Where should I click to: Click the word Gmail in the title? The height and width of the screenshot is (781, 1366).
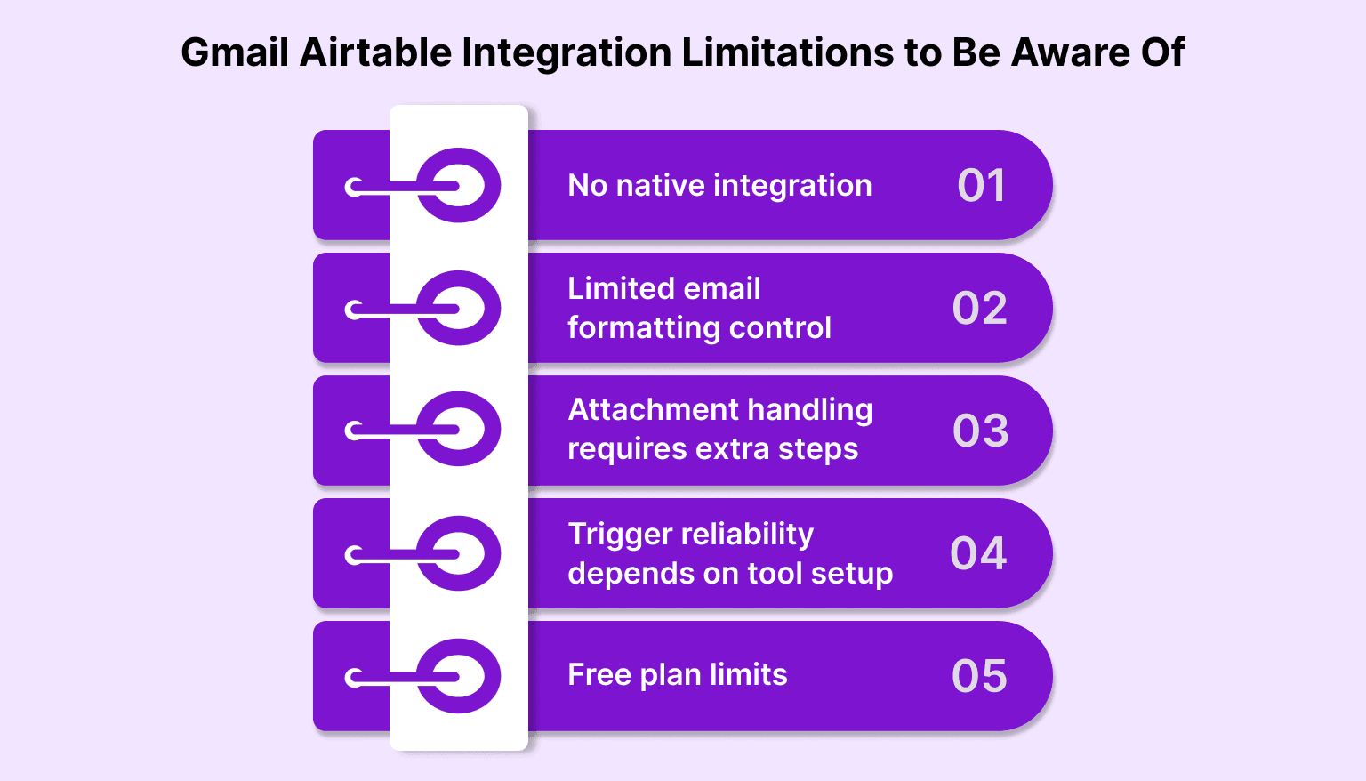235,52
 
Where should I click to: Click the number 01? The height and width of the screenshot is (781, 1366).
981,186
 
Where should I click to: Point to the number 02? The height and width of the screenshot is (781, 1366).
979,309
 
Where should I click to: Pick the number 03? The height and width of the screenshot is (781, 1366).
980,431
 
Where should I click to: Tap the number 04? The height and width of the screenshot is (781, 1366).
978,553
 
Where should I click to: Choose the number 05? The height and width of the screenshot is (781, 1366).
979,676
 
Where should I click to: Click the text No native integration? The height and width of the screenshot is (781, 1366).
719,185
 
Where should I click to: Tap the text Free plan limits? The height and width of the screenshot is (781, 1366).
677,675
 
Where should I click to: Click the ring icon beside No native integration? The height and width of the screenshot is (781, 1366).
459,186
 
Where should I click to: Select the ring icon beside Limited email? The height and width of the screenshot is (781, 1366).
459,309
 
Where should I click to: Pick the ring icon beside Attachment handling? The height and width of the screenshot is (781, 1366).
459,430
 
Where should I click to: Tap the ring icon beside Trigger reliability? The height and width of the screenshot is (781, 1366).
459,553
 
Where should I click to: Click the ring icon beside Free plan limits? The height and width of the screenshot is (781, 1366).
459,676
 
